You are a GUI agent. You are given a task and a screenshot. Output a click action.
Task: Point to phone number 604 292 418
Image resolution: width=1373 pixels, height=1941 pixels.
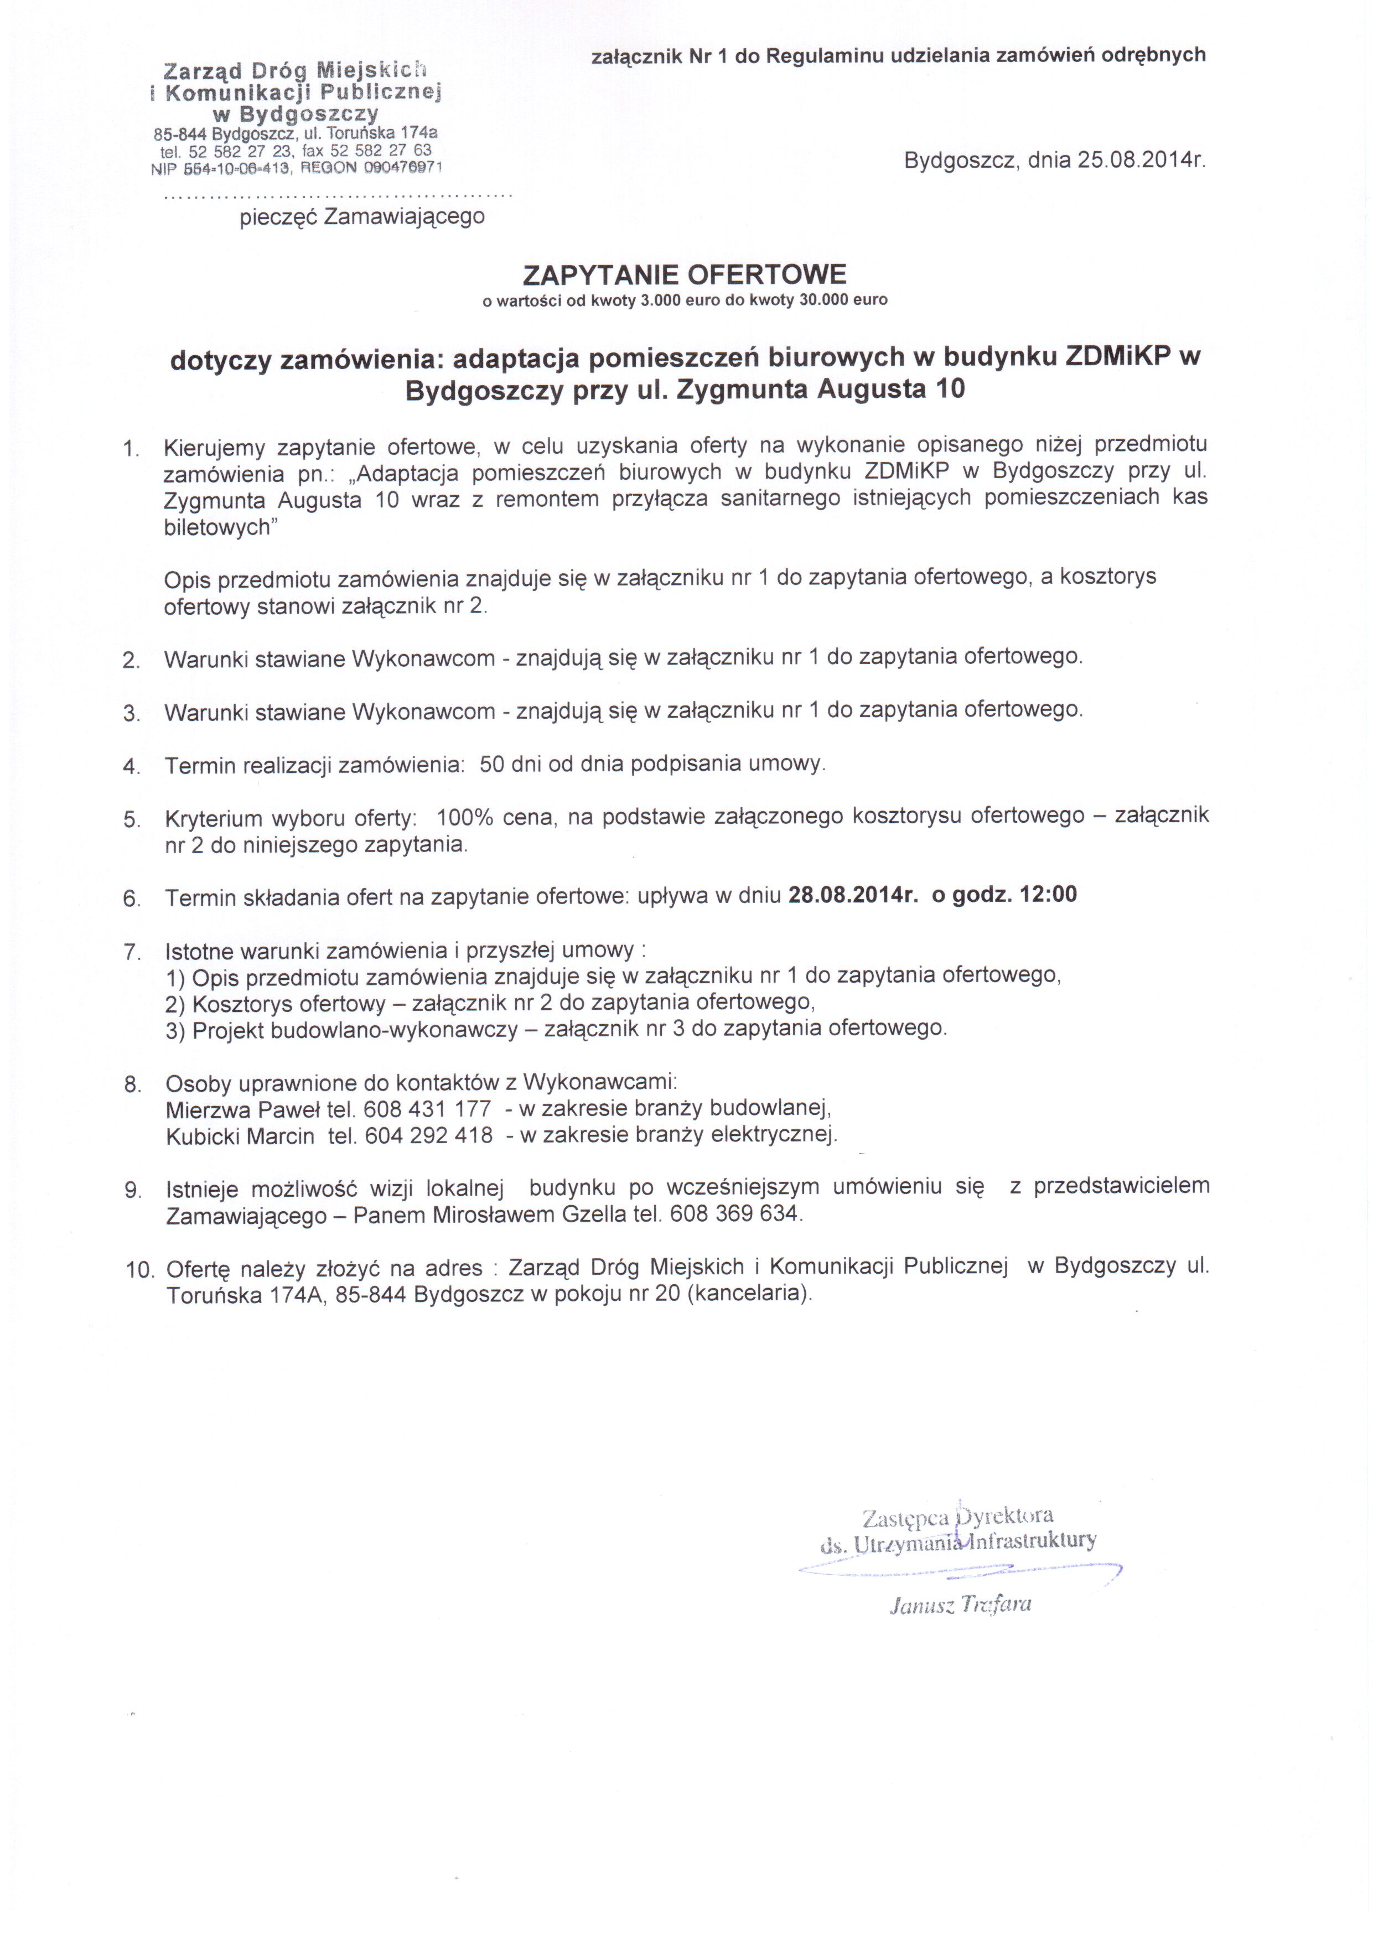(x=429, y=1135)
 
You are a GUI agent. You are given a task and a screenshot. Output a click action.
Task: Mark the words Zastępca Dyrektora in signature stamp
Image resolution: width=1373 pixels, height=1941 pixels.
(x=957, y=1516)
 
